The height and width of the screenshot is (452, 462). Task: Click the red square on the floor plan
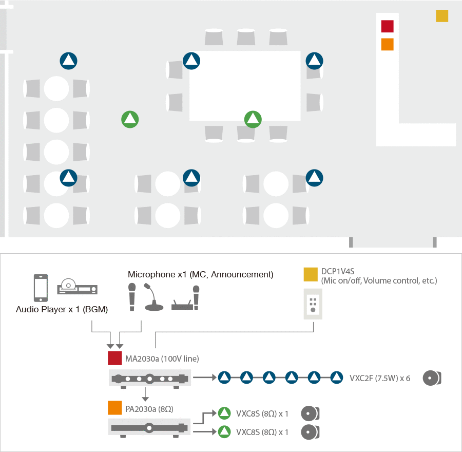pos(387,26)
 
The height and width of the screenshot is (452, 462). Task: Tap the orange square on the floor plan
pos(387,44)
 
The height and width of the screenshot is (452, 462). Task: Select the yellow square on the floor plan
pos(442,16)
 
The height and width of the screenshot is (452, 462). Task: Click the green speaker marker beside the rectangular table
pos(253,120)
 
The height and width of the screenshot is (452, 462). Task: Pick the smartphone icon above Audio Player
pos(41,288)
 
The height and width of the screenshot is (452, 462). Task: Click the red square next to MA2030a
pos(114,357)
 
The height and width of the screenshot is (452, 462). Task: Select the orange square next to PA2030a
pos(114,408)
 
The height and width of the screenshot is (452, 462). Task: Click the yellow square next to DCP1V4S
pos(310,274)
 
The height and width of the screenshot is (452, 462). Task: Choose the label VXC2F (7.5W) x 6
pos(379,378)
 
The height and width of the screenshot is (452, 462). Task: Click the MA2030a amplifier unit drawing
pos(150,379)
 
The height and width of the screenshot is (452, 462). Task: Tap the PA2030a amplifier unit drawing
pos(149,427)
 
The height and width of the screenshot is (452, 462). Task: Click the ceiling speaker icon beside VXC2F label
pos(431,378)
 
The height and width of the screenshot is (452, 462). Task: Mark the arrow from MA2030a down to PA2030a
pos(146,394)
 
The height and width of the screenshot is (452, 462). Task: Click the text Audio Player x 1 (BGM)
pos(62,309)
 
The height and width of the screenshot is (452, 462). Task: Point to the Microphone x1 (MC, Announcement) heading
pos(200,274)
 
